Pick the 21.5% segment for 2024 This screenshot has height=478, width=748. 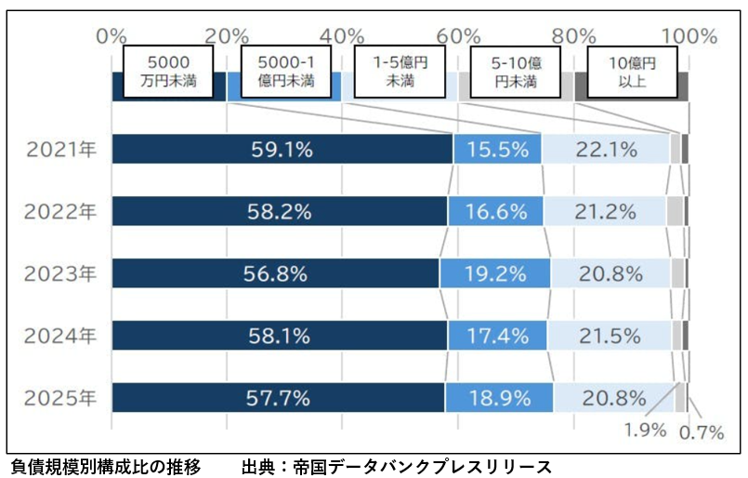coord(610,336)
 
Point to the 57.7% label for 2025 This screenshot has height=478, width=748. coord(279,398)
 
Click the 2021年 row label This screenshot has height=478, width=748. coord(62,149)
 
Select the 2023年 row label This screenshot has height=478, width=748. coord(62,273)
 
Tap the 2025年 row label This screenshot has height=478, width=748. coord(62,398)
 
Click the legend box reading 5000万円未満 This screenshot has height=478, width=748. coord(170,72)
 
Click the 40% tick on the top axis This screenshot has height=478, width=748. coord(345,36)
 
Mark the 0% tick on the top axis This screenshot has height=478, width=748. coord(112,36)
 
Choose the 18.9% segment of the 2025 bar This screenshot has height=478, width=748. coord(499,398)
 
